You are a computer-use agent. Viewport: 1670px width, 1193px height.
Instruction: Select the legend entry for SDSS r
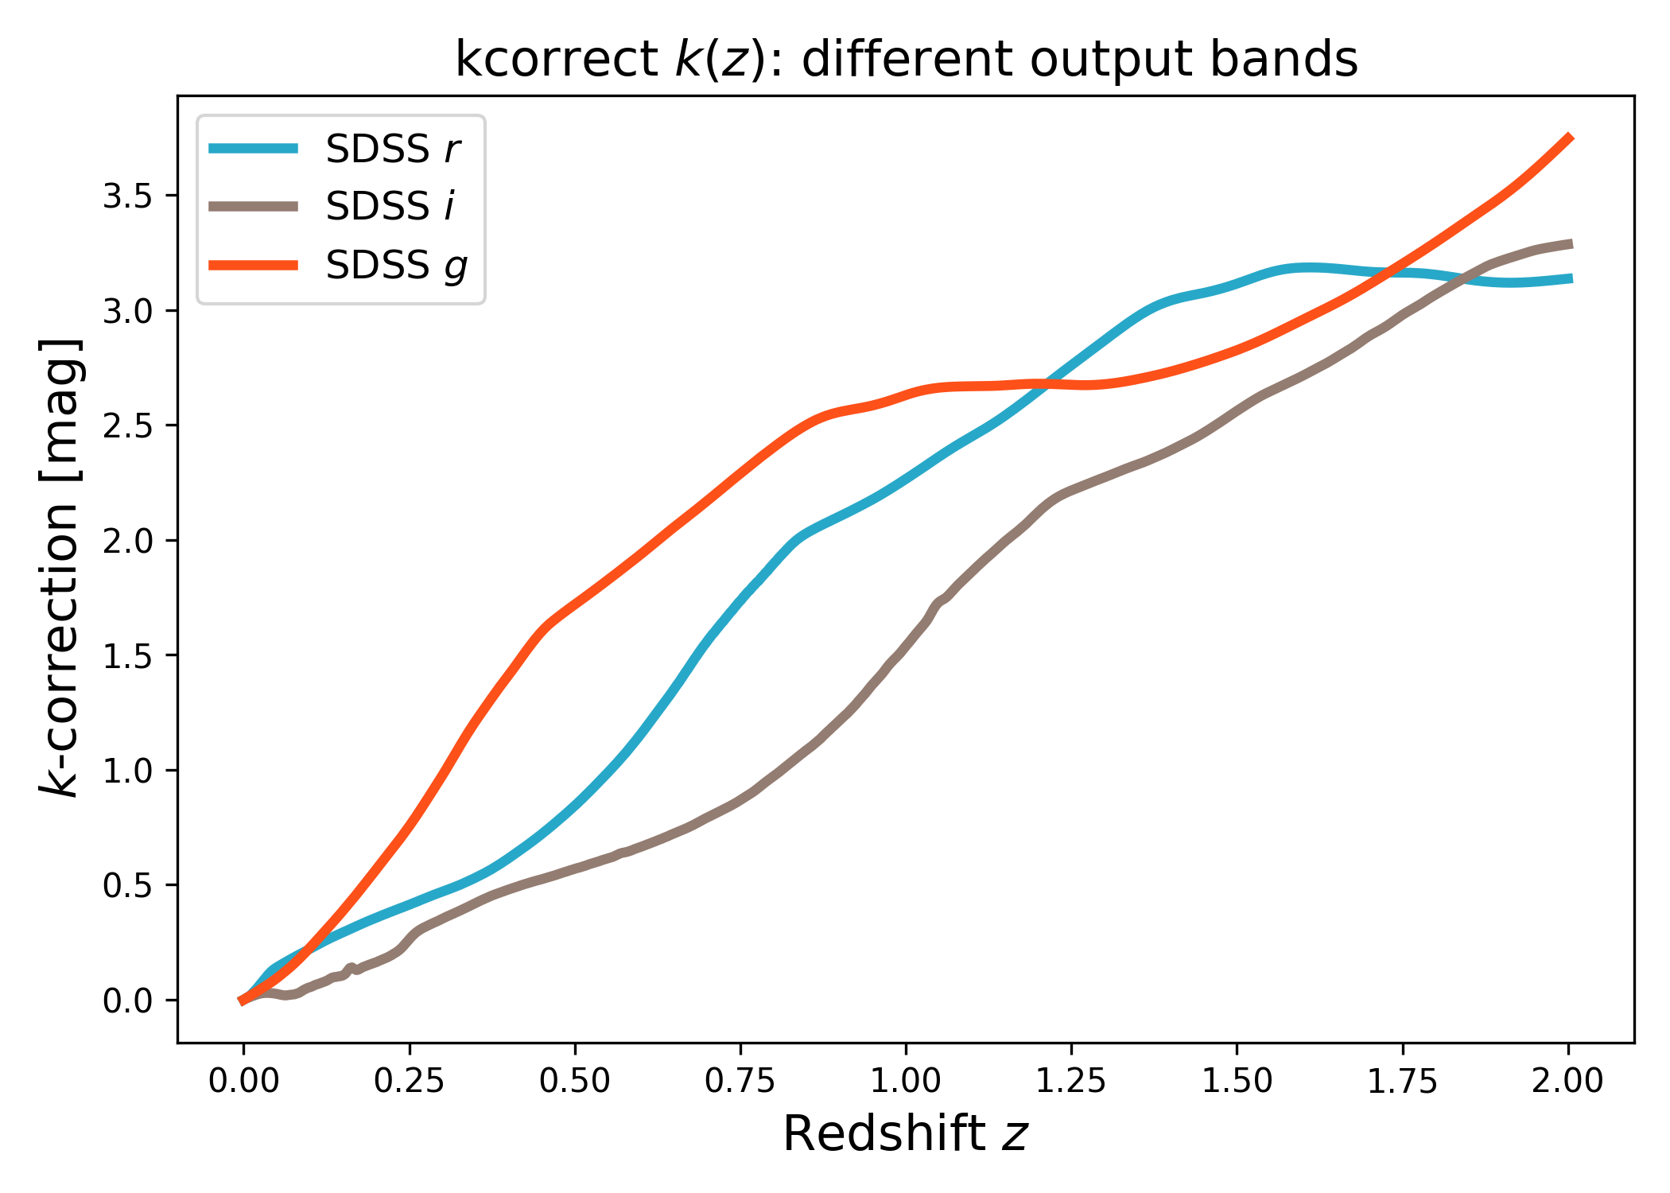(393, 149)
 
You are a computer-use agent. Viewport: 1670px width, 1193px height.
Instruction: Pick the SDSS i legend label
(390, 207)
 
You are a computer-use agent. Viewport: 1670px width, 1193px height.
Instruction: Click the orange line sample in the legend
(254, 265)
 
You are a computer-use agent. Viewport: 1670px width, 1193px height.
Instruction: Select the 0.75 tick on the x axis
(740, 1082)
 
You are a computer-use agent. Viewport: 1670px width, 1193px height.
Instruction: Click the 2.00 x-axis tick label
(1568, 1082)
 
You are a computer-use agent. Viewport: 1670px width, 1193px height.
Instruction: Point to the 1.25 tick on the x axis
(1071, 1082)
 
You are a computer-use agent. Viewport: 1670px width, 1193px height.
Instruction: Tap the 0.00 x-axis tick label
(243, 1082)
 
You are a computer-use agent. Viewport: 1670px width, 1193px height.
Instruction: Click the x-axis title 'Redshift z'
(906, 1133)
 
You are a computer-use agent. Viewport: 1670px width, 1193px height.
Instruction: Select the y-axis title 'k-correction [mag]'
(60, 568)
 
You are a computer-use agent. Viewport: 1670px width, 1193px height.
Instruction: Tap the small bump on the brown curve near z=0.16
(351, 967)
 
